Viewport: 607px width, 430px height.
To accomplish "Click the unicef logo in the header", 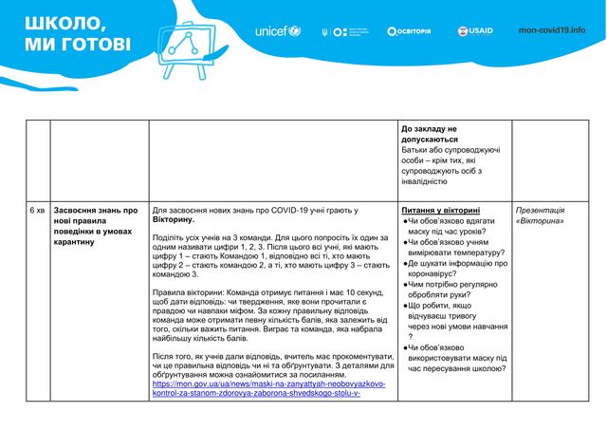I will coord(277,30).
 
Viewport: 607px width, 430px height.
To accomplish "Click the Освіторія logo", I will coord(409,30).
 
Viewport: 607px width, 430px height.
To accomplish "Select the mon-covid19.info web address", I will coord(552,30).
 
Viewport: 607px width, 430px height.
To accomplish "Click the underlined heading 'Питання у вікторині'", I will coord(441,210).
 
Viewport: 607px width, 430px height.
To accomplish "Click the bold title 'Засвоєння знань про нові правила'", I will coord(96,215).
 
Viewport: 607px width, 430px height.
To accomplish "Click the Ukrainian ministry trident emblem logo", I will coord(325,30).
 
